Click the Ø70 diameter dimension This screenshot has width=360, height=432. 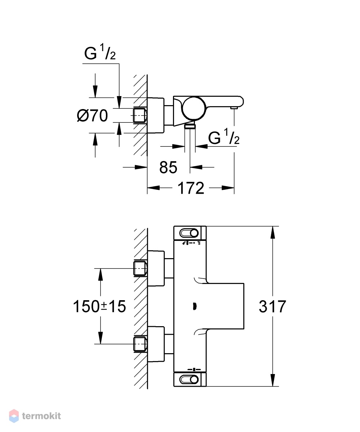pos(92,116)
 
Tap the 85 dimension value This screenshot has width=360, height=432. pos(168,167)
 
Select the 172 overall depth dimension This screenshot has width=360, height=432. pos(191,188)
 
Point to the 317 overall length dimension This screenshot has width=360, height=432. pos(272,306)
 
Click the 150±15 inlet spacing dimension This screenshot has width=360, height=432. pos(99,306)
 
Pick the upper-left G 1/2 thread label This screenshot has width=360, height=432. pos(100,53)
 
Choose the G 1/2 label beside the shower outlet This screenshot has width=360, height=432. pos(224,136)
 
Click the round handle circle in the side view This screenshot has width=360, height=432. pos(194,108)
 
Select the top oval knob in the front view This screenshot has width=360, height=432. pos(189,233)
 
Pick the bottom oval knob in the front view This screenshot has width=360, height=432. pos(189,380)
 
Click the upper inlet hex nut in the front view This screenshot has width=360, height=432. pos(141,269)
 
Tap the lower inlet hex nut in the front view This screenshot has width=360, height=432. pos(141,344)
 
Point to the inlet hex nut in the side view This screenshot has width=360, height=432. pos(141,116)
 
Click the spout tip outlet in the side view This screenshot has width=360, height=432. pos(234,108)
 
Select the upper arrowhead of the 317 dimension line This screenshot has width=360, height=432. pos(273,233)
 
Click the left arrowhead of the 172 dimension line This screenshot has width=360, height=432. pos(154,188)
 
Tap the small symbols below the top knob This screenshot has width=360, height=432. pos(191,243)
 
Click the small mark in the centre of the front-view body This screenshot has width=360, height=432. pos(195,306)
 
